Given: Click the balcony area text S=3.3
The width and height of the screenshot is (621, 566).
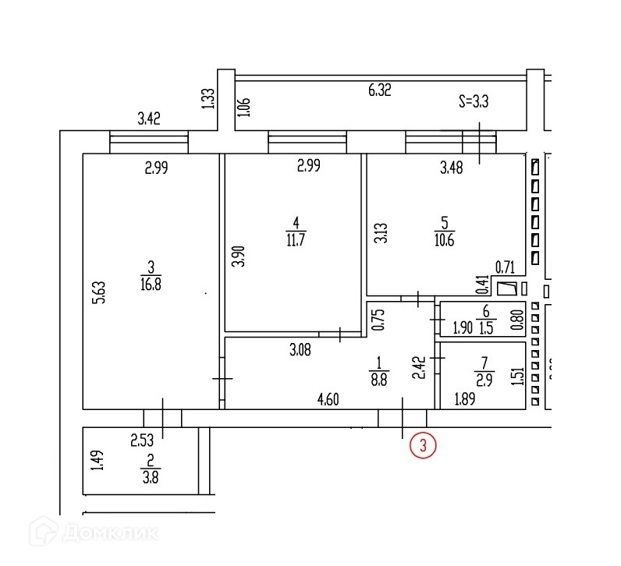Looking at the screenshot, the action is tap(474, 101).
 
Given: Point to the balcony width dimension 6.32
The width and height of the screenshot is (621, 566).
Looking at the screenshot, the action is tap(379, 90).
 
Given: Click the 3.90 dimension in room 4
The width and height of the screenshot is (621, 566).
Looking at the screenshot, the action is tap(240, 256).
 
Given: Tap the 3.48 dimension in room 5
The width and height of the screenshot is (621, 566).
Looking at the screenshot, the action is tap(452, 167).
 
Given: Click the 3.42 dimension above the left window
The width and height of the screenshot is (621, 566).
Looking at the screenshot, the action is tap(149, 119).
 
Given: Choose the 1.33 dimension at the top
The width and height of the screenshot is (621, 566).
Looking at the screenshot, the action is tap(207, 99).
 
